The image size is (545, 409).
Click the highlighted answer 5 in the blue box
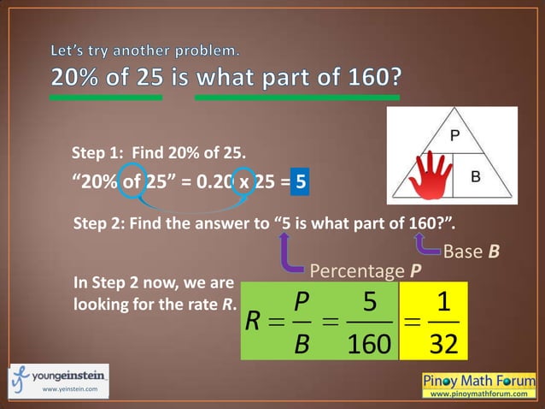[300, 181]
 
